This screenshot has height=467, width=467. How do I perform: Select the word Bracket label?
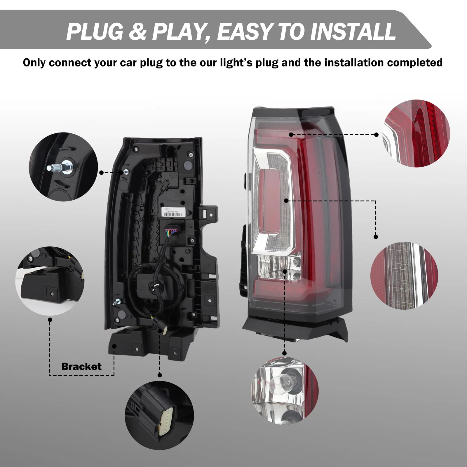point(81,367)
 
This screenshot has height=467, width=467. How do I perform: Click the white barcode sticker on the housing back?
point(173,212)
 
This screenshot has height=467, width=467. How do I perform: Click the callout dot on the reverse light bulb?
point(285,271)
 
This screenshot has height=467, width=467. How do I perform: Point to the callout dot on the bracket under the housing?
point(114,346)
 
